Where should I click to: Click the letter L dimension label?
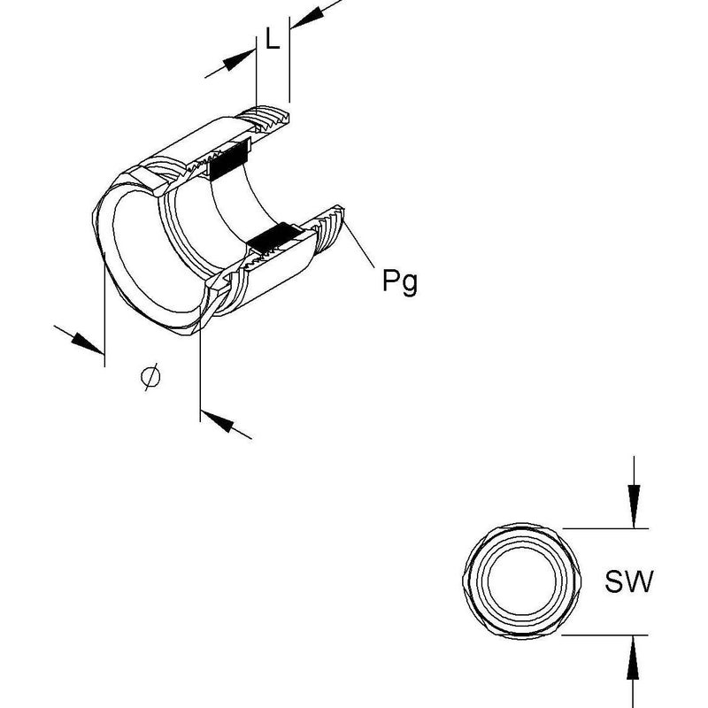(273, 38)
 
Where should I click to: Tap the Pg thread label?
(400, 281)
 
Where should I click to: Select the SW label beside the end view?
(628, 581)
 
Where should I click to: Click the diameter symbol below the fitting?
(150, 377)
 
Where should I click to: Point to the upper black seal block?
(229, 159)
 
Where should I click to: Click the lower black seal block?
(274, 237)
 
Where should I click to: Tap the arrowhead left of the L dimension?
(239, 60)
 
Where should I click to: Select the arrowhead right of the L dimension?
(307, 18)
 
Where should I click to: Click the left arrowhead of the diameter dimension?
(88, 343)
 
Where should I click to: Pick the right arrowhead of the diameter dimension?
(217, 421)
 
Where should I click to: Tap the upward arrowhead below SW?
(633, 657)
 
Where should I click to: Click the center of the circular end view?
(522, 581)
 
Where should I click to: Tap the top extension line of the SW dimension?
(605, 528)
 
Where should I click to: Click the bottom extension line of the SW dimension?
(604, 635)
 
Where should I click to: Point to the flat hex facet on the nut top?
(150, 181)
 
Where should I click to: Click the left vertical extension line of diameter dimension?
(104, 310)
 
